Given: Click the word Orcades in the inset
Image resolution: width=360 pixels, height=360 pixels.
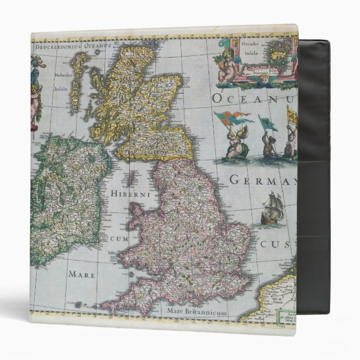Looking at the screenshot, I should click(x=250, y=44).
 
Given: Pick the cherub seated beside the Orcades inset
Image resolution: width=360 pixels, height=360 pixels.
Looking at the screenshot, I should click(x=225, y=65).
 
